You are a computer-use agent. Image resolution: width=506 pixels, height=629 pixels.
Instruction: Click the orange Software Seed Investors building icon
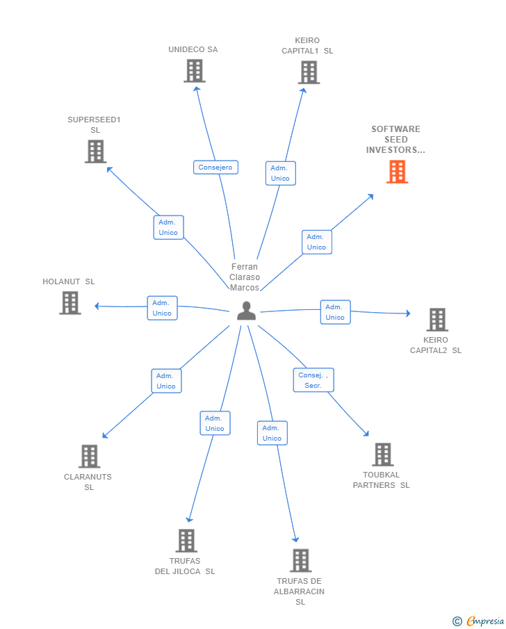pos(397,172)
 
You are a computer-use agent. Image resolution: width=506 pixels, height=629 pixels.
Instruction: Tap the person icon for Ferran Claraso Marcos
pos(246,311)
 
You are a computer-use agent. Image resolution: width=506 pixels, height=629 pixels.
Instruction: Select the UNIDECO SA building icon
pos(195,71)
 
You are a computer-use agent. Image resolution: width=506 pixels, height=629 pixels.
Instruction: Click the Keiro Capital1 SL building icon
pos(309,72)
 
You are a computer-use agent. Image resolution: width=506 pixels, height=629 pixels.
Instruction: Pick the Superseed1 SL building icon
pos(95,152)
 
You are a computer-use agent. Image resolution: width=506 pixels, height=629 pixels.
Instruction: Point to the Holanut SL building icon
pos(70,303)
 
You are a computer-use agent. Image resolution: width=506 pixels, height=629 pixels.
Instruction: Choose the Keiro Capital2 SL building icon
pos(436,320)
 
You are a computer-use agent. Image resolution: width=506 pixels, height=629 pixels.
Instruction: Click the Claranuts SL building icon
pos(89,457)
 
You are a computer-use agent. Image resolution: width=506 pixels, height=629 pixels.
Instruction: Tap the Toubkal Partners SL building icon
pos(382,455)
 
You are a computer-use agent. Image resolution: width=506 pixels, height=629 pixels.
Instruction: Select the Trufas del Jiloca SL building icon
pos(186,541)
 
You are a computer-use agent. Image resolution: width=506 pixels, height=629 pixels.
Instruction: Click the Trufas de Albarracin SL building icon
pos(300,560)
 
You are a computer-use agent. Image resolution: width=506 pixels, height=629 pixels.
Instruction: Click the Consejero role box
pos(215,168)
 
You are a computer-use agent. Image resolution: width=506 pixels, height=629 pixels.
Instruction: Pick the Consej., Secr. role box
pos(313,380)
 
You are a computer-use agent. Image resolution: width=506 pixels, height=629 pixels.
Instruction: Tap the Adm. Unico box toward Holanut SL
pos(162,308)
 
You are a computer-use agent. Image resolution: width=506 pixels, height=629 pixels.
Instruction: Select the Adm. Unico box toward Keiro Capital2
pos(335,312)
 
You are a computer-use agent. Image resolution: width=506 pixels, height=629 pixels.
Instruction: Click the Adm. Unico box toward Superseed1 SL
pos(168,227)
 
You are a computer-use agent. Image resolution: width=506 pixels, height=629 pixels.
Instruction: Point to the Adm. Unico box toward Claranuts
pos(166,381)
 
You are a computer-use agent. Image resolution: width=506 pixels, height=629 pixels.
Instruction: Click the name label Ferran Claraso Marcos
pos(245,277)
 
